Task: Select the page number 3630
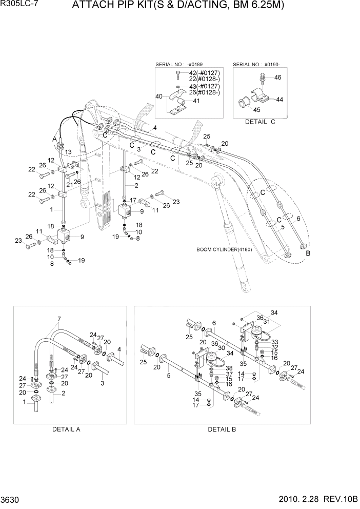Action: [11, 499]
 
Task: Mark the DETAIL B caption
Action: [222, 429]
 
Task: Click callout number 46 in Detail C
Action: [277, 78]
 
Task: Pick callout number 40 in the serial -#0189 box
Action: [159, 96]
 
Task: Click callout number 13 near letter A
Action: [69, 152]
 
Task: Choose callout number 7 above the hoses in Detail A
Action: [59, 319]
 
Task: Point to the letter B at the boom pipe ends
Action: [308, 253]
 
